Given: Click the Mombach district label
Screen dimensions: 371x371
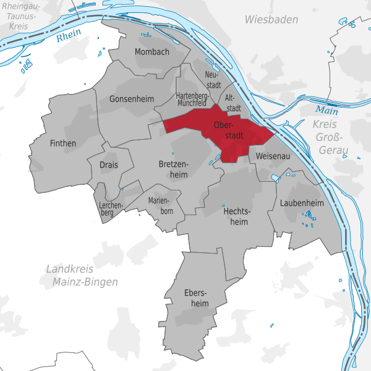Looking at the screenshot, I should pos(151,52).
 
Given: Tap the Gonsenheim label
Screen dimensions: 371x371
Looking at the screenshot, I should pos(130,99).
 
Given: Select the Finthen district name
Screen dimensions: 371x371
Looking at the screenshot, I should pos(62,143).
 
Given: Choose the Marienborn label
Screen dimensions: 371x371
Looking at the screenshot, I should pos(161,206).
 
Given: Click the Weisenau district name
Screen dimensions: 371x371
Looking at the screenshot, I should pos(273,156).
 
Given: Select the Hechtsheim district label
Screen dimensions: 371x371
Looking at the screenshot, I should pos(235,216).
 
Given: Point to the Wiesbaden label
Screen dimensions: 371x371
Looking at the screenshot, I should pos(271,20).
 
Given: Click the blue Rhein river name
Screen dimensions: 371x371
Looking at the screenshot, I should pos(68,37).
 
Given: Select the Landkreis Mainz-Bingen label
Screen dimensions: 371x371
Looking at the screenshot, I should pos(82,275).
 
